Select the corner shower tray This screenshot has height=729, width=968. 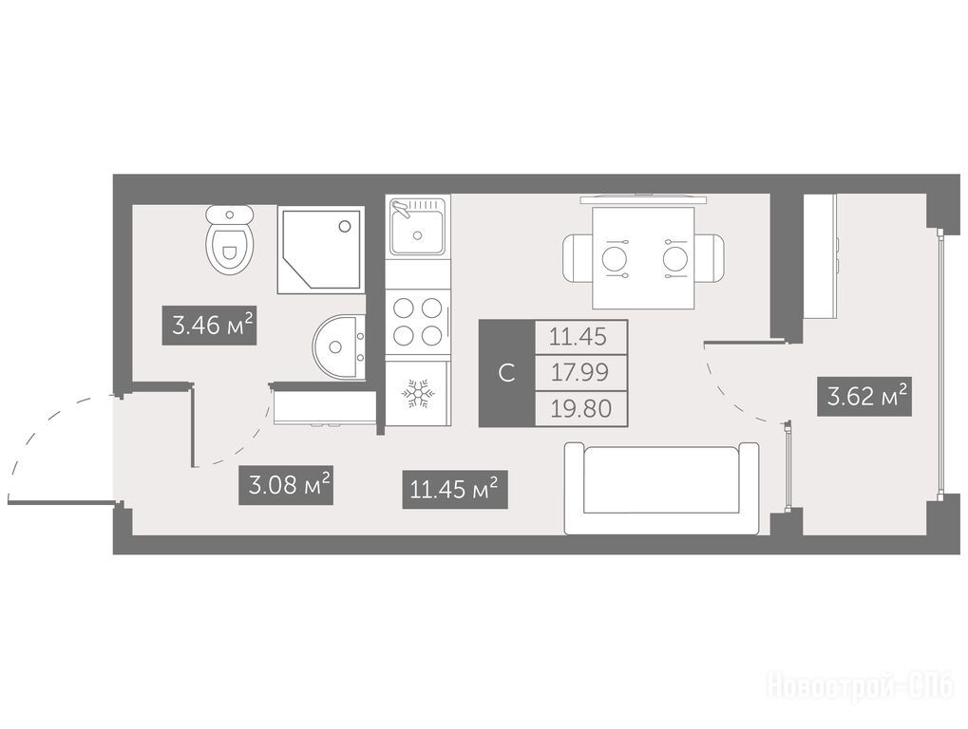pyautogui.click(x=320, y=250)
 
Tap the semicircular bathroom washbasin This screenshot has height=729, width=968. pyautogui.click(x=338, y=346)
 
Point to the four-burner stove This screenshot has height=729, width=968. pyautogui.click(x=418, y=322)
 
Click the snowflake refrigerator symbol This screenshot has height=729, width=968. pyautogui.click(x=419, y=394)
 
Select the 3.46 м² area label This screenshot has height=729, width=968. pyautogui.click(x=209, y=325)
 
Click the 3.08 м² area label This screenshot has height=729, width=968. pyautogui.click(x=286, y=485)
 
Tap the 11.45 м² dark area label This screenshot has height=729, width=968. pyautogui.click(x=455, y=489)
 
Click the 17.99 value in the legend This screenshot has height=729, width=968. pyautogui.click(x=580, y=372)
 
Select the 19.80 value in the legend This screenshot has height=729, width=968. pyautogui.click(x=581, y=408)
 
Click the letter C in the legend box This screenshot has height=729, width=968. pyautogui.click(x=507, y=372)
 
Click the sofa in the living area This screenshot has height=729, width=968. pyautogui.click(x=661, y=489)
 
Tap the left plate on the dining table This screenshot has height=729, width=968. pyautogui.click(x=615, y=258)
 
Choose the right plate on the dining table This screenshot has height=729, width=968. pyautogui.click(x=675, y=258)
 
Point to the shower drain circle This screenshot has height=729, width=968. pyautogui.click(x=345, y=226)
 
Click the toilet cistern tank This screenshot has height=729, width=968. pyautogui.click(x=230, y=215)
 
